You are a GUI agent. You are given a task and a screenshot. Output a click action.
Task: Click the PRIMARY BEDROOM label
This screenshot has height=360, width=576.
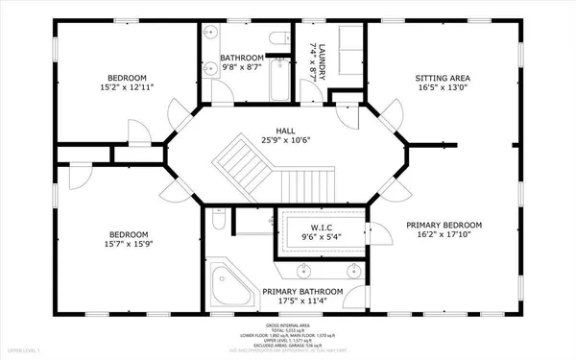[x=444, y=226]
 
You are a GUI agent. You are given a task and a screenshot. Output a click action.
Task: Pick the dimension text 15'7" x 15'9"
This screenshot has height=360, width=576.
[x=128, y=246]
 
